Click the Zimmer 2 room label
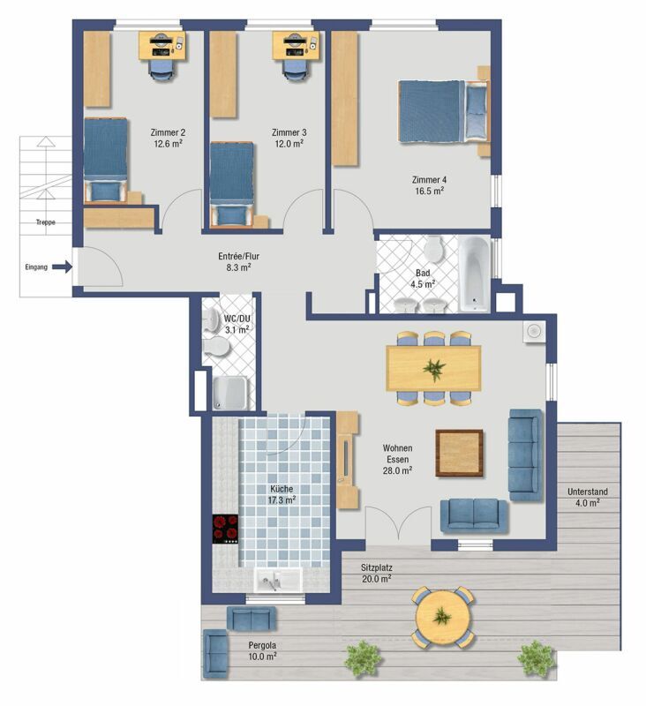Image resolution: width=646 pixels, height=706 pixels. click(x=168, y=132)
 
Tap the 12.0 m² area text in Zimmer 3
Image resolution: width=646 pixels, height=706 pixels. click(x=289, y=144)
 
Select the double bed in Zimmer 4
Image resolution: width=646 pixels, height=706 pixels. click(x=444, y=112)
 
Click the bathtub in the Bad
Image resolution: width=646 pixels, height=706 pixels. click(x=474, y=274)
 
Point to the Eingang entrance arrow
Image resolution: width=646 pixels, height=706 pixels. click(x=62, y=267)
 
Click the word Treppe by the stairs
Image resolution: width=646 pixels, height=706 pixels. click(x=46, y=222)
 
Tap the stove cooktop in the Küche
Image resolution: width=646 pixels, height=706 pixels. click(x=225, y=529)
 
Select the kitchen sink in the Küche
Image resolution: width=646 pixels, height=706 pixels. click(x=278, y=580)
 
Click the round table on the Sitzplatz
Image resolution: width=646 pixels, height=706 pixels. click(x=443, y=617)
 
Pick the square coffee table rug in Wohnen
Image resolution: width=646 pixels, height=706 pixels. click(x=459, y=453)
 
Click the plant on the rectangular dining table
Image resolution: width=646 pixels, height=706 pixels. click(x=434, y=369)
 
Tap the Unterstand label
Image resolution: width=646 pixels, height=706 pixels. click(x=588, y=492)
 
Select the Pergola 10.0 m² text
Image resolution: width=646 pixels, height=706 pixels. click(x=262, y=651)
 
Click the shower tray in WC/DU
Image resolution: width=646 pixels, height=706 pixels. click(x=229, y=393)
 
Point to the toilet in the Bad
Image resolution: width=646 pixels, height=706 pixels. click(x=434, y=249)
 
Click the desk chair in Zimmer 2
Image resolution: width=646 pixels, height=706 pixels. click(x=161, y=71)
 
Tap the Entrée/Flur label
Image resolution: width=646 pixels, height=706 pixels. click(x=238, y=256)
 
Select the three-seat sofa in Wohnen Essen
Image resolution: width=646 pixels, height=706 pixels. click(x=525, y=454)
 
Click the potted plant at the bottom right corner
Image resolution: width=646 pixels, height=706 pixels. click(x=537, y=658)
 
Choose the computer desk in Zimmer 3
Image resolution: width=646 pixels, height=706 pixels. click(x=296, y=45)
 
